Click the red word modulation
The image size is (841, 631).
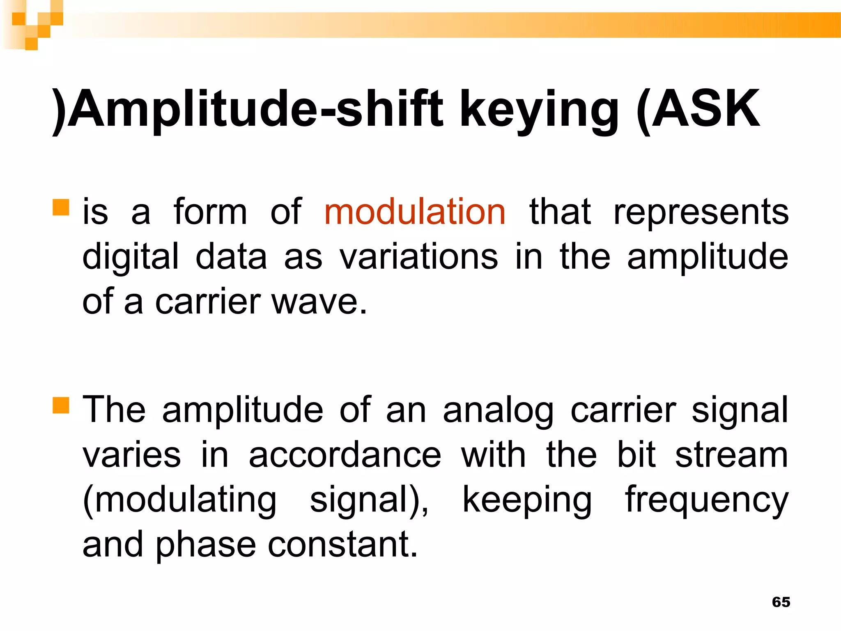pos(414,212)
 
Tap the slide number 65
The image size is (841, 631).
pos(781,602)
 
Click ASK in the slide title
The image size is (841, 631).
pos(705,109)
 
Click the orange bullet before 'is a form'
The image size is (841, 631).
pos(61,207)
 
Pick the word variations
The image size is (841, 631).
pos(418,257)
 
